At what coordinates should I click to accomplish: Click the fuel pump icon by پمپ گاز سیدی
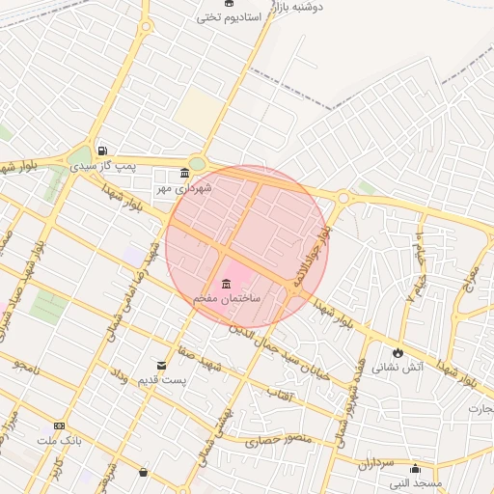[x=102, y=151]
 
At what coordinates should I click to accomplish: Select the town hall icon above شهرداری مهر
[x=184, y=174]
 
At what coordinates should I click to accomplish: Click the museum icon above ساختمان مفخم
[x=226, y=284]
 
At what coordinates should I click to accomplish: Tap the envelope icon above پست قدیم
[x=161, y=365]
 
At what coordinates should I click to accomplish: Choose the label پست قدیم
[x=161, y=380]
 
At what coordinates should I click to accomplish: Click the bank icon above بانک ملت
[x=60, y=425]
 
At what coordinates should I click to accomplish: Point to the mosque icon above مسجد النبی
[x=415, y=469]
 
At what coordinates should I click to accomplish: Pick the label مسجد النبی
[x=416, y=482]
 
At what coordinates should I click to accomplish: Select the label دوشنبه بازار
[x=295, y=6]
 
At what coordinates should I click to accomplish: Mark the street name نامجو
[x=30, y=365]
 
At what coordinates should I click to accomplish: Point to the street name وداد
[x=119, y=374]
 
